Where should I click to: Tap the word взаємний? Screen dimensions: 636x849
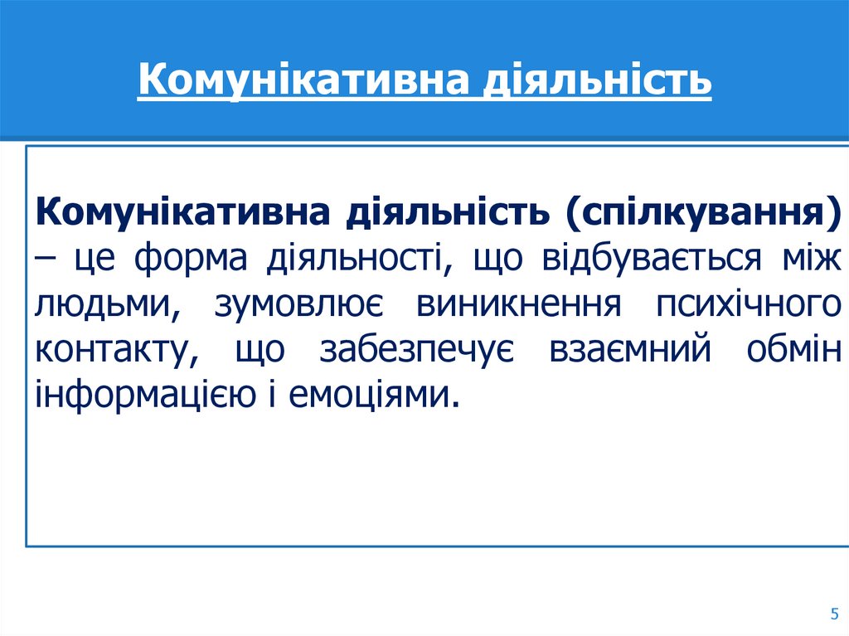point(630,352)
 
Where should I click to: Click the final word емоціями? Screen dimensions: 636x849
point(373,396)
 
